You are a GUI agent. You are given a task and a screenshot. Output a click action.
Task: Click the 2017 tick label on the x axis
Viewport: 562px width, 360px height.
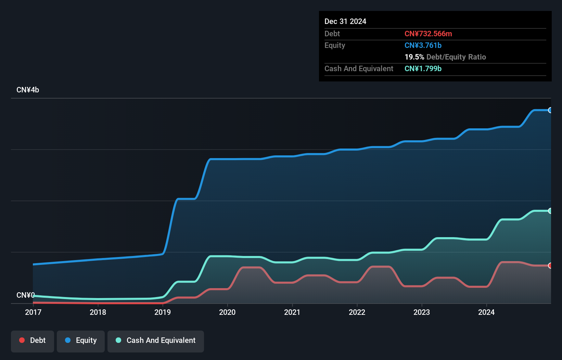pos(33,312)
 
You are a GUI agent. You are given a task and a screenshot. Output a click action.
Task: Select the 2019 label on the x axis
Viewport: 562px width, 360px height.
pos(163,312)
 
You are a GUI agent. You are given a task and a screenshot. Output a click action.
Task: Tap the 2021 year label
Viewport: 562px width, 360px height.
pos(292,312)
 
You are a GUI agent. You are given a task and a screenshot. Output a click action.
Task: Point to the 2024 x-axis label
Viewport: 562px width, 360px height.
pos(486,312)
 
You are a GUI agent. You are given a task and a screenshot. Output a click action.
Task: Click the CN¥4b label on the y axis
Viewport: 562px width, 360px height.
pos(28,90)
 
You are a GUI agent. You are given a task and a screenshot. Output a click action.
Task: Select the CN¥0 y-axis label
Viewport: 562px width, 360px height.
pos(25,295)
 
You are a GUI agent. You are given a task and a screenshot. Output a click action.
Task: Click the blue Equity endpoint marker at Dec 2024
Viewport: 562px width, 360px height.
pos(550,110)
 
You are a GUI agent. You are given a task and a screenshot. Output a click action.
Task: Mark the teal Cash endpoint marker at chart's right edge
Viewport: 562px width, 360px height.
pos(550,211)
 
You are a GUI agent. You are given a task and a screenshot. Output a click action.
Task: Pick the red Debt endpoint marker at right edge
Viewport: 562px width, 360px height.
pos(550,266)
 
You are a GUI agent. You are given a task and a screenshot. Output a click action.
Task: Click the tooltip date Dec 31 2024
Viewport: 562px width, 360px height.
pos(345,21)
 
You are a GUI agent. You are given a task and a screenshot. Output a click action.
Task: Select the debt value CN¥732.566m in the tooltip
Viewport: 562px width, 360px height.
pos(428,34)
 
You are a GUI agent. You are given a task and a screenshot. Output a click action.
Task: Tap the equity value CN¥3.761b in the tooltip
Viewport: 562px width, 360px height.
pos(423,45)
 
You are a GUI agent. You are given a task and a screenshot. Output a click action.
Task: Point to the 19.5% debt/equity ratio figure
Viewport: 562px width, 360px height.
pos(414,57)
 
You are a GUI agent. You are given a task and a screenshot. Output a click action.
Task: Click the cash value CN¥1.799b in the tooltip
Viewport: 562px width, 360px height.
pos(423,68)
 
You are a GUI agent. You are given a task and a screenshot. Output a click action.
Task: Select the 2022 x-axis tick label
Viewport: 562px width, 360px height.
pos(357,312)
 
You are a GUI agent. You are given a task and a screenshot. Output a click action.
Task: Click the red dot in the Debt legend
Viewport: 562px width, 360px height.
pos(22,340)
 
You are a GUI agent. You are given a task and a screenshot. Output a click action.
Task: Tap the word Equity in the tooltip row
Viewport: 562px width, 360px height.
pos(335,45)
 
